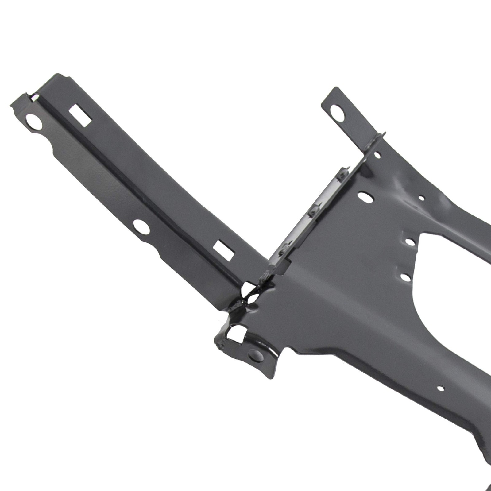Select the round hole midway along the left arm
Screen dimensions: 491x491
141,227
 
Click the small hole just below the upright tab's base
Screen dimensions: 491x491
378,156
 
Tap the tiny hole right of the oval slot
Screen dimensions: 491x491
422,199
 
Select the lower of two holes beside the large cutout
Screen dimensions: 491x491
405,277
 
